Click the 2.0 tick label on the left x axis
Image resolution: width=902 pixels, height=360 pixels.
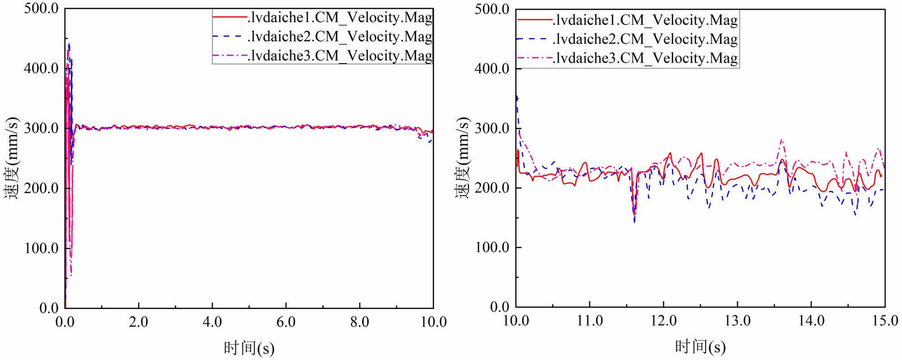139,322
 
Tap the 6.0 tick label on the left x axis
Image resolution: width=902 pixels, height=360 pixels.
286,322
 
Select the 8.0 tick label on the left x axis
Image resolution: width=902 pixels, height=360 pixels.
360,322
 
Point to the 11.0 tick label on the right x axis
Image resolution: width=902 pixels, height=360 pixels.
590,321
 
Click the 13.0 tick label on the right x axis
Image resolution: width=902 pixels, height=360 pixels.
737,321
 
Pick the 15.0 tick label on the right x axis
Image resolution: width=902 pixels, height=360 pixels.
885,321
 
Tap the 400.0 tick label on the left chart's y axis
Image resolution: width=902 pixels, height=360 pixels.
41,69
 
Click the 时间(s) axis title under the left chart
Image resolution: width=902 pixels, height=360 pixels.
249,348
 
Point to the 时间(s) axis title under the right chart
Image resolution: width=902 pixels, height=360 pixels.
700,347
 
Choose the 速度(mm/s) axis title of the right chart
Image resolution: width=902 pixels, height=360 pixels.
463,158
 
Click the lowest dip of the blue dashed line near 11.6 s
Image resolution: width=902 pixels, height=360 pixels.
634,222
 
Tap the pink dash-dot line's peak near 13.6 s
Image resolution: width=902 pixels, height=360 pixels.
782,140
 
